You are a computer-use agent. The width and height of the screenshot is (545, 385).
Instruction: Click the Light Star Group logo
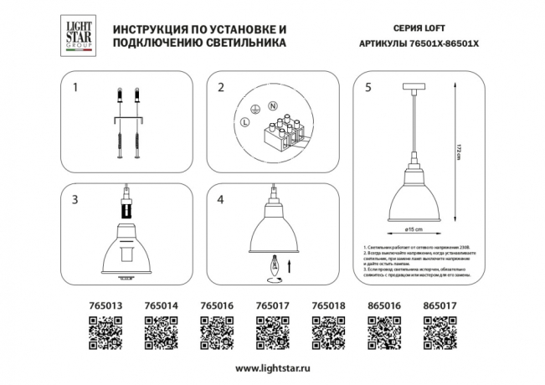(x=73, y=38)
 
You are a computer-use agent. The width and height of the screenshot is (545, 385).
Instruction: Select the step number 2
(x=221, y=87)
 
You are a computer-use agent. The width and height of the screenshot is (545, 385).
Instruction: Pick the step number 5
(x=365, y=87)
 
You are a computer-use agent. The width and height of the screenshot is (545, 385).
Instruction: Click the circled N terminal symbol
(x=273, y=106)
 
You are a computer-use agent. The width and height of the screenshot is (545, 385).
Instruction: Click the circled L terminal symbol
(x=244, y=123)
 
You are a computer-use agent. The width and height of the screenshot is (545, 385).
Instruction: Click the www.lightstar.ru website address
(x=272, y=368)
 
